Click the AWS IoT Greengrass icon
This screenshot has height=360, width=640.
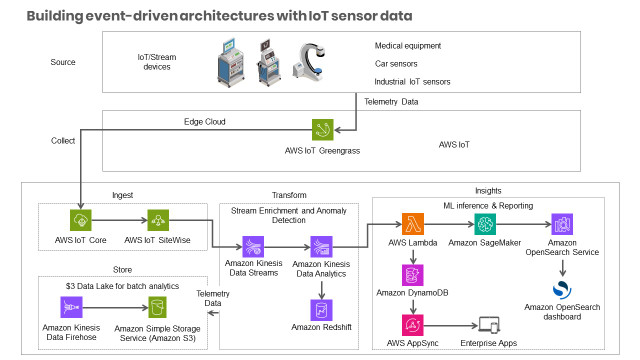click(321, 131)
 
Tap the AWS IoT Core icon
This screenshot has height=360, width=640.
click(81, 220)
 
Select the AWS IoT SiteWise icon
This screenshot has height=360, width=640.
click(158, 220)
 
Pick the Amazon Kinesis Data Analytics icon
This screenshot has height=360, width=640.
click(321, 246)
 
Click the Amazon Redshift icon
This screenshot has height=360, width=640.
click(321, 308)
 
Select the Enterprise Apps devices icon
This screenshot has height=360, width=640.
click(489, 324)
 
